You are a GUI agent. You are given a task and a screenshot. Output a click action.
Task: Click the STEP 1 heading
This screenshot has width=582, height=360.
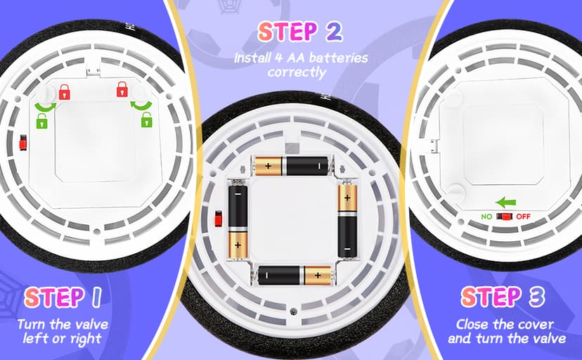tap(63, 297)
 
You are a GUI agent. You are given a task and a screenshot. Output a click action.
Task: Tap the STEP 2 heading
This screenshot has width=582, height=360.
tap(299, 32)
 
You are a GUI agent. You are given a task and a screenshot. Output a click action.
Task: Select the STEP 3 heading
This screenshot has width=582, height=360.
tap(503, 297)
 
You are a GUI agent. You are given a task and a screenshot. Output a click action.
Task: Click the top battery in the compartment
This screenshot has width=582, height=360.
tap(292, 166)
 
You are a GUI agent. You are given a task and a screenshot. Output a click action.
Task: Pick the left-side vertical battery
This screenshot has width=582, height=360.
tap(238, 219)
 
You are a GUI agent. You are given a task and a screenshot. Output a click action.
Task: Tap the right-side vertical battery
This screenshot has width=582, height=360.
tap(347, 219)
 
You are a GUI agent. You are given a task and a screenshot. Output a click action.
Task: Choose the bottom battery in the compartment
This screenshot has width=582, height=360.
tap(295, 276)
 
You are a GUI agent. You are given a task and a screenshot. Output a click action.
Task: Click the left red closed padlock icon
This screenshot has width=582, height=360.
tap(64, 92)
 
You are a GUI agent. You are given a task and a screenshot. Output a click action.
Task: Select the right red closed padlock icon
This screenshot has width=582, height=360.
tap(122, 90)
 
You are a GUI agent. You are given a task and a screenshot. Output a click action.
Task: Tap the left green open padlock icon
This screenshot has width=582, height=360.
tap(41, 121)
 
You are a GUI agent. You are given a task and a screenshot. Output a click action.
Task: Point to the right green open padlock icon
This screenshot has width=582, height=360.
tap(147, 120)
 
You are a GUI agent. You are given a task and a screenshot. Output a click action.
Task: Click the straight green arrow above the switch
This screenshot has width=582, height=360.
tap(505, 203)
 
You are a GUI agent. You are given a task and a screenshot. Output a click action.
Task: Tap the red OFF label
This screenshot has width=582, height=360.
tap(524, 217)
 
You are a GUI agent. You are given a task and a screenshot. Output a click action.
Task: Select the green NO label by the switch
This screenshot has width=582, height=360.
tap(486, 217)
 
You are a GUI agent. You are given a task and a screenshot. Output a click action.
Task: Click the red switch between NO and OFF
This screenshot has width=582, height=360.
tap(505, 217)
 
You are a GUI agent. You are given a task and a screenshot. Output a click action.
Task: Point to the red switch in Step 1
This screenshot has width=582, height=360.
tap(23, 143)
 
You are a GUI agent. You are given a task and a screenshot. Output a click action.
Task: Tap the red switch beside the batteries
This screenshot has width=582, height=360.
tap(219, 219)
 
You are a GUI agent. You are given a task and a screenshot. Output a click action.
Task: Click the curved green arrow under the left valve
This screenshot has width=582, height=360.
tap(45, 107)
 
